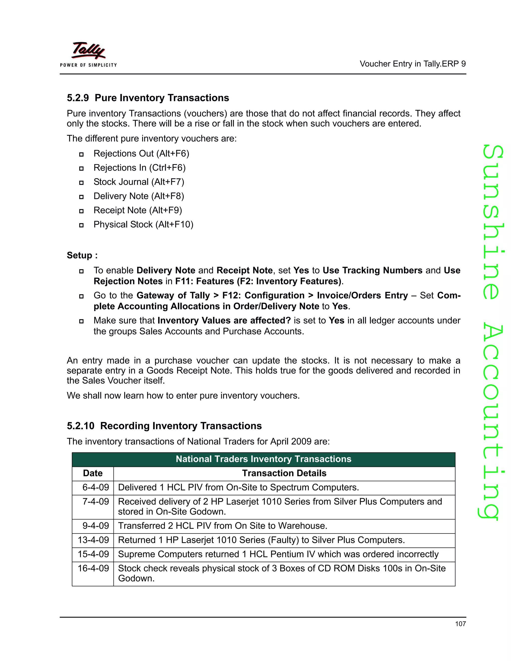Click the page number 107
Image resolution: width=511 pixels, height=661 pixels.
[x=460, y=624]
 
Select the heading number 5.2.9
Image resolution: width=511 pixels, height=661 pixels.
[x=78, y=98]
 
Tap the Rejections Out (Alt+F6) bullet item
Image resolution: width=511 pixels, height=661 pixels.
[x=141, y=153]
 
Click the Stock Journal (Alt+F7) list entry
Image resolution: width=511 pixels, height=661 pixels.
[x=139, y=182]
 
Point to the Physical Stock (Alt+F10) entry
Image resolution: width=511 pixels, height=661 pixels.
[x=143, y=224]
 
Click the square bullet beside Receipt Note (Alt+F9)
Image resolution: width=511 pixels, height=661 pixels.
[x=81, y=211]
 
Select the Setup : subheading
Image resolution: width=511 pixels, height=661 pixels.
[x=82, y=255]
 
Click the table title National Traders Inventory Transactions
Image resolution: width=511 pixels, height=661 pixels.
[x=263, y=459]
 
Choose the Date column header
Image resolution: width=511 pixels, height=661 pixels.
[x=93, y=473]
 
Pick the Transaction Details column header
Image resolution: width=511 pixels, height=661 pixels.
[x=284, y=473]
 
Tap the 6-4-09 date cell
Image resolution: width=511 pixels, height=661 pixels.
[x=95, y=487]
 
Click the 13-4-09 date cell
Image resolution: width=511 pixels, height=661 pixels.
[x=93, y=540]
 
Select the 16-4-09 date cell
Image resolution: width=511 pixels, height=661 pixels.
[x=93, y=568]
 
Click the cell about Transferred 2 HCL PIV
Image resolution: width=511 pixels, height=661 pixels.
[x=223, y=526]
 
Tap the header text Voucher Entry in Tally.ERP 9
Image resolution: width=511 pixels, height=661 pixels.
[x=412, y=64]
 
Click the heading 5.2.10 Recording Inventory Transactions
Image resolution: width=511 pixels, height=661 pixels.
[x=164, y=426]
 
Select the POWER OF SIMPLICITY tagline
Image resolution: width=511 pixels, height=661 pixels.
[x=88, y=65]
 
